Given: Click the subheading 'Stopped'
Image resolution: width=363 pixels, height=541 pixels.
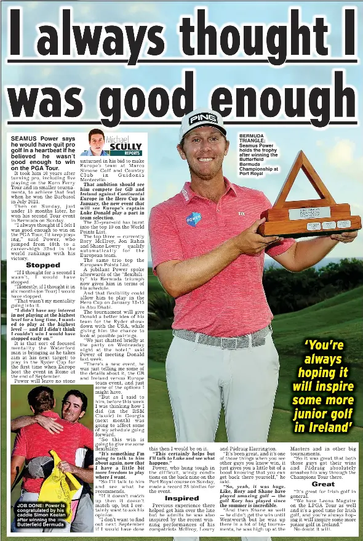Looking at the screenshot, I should click(43, 265).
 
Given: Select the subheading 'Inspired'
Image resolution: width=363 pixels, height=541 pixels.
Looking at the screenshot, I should click(181, 498).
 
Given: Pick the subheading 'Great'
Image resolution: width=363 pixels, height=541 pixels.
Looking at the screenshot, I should click(323, 484).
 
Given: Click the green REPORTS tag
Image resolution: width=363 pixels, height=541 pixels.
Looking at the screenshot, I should click(132, 153).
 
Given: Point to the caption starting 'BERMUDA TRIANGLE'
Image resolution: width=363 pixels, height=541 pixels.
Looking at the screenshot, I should click(258, 154).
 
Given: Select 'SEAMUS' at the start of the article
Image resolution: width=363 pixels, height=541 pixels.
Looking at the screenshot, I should click(25, 139).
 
